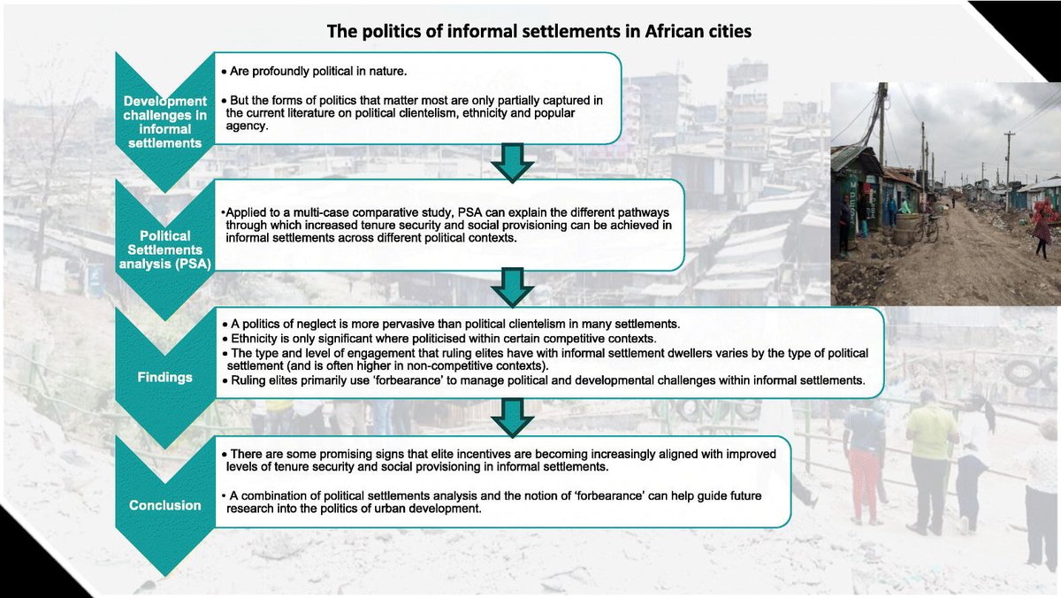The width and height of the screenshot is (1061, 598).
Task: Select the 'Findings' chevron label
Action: tap(164, 377)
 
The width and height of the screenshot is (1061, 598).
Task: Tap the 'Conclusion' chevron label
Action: tap(164, 506)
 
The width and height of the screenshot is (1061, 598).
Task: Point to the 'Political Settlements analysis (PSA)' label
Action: tap(165, 249)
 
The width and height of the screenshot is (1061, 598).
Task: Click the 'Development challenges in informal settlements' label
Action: tap(164, 122)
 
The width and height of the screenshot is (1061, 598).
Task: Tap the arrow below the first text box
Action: tap(511, 162)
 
